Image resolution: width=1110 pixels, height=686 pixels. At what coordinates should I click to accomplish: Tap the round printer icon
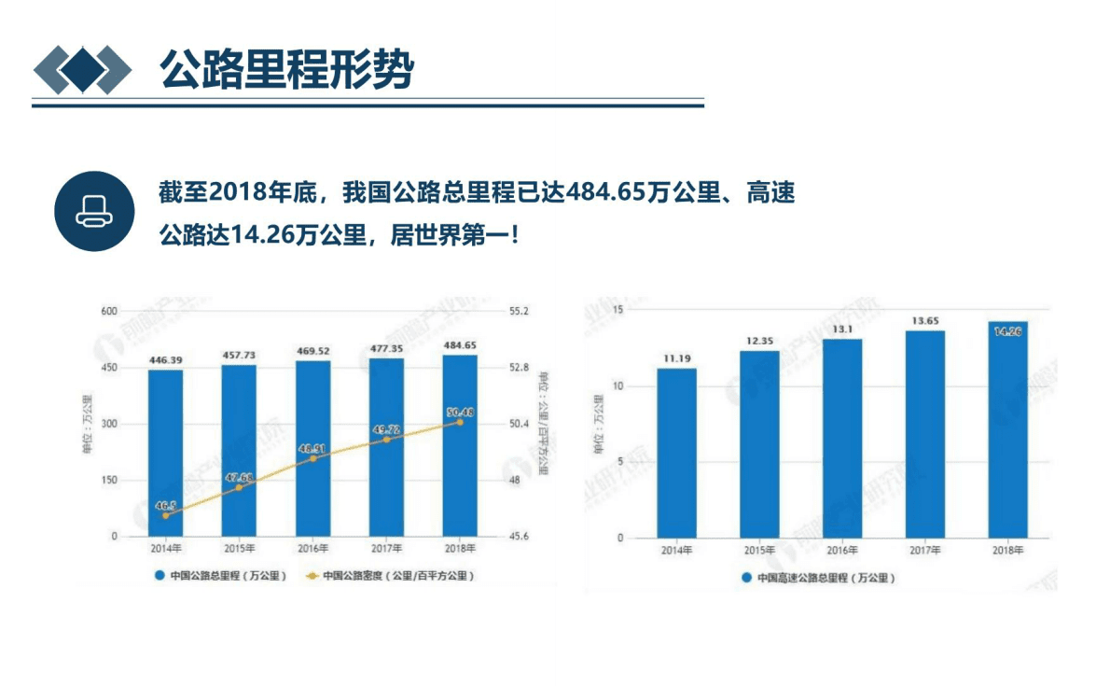pyautogui.click(x=94, y=211)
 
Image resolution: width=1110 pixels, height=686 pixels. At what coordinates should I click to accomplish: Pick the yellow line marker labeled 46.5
pyautogui.click(x=166, y=514)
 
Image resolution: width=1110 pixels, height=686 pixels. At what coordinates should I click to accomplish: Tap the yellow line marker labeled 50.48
pyautogui.click(x=459, y=422)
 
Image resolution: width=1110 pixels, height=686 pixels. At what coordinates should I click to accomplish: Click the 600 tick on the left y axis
pyautogui.click(x=109, y=311)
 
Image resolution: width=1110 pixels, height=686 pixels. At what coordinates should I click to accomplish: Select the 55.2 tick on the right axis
pyautogui.click(x=519, y=311)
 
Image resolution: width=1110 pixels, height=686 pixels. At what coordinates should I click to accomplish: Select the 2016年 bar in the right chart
pyautogui.click(x=842, y=438)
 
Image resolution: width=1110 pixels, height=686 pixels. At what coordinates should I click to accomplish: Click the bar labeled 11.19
pyautogui.click(x=676, y=453)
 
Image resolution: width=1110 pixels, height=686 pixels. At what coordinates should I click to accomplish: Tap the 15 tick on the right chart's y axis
pyautogui.click(x=617, y=309)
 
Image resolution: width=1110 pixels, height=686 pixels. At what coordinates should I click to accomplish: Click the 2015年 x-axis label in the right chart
pyautogui.click(x=759, y=551)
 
